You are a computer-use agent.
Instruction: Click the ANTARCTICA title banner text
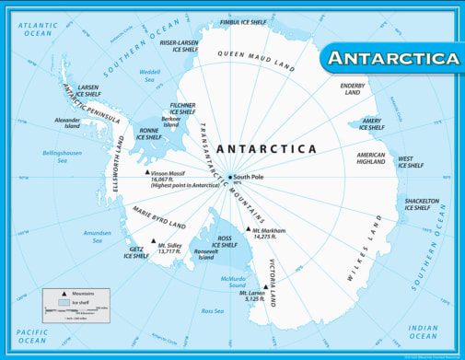(x=393, y=58)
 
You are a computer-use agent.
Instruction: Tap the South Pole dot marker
(x=229, y=177)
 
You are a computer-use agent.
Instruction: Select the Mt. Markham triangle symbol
(x=248, y=229)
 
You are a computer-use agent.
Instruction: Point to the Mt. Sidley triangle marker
(x=153, y=242)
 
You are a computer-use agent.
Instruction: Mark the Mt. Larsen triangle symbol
(x=265, y=286)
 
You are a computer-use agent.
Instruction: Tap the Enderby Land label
(x=353, y=88)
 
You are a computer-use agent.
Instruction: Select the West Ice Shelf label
(x=410, y=162)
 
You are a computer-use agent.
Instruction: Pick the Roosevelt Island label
(x=205, y=253)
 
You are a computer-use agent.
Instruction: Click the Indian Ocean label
(x=423, y=331)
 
